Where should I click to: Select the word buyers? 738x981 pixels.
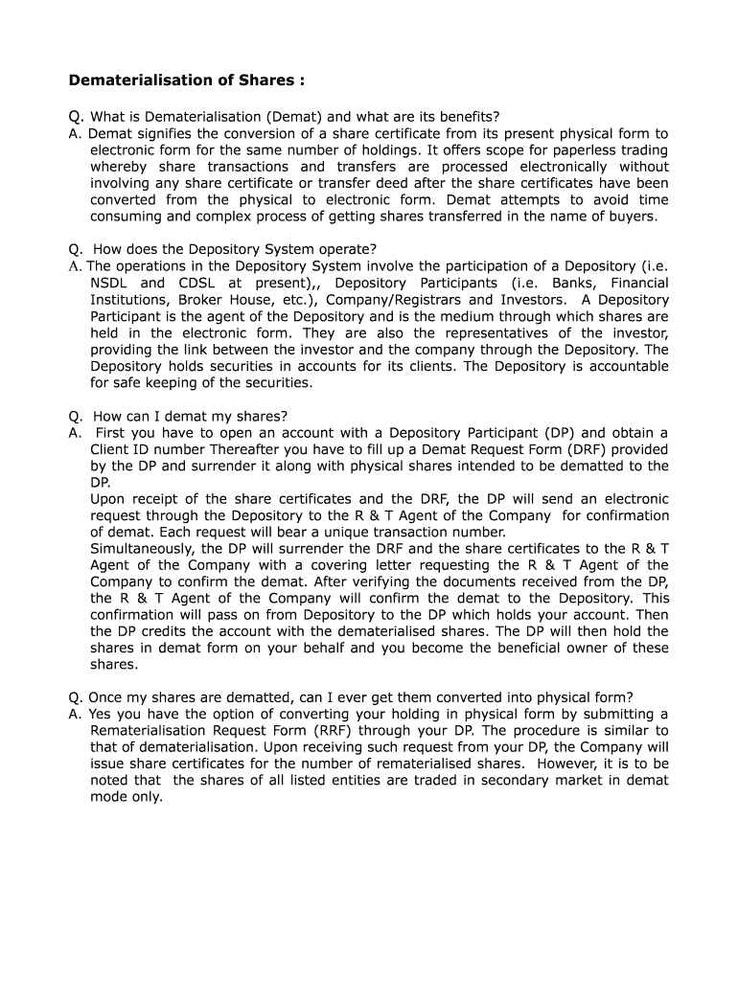click(x=633, y=217)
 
